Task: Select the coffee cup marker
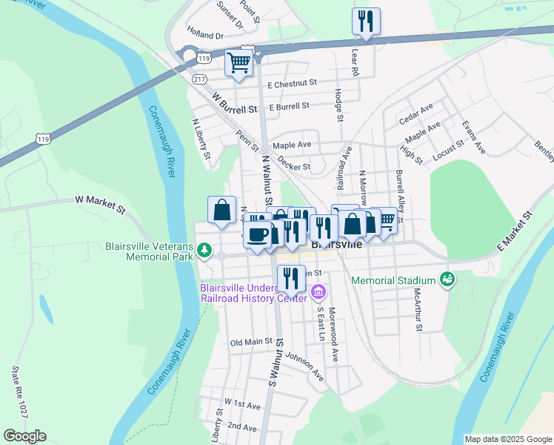pos(257,235)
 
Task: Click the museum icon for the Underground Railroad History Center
pos(318,291)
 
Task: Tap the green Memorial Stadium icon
pos(447,280)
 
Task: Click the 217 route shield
pos(198,78)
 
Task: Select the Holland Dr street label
pos(205,35)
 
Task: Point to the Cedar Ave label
pos(415,113)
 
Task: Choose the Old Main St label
pos(252,342)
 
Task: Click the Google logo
pos(24,436)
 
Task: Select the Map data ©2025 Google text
pos(507,439)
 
